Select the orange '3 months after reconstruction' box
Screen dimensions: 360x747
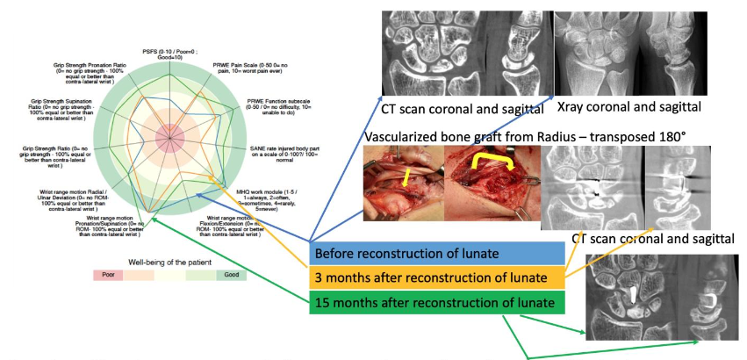(x=434, y=278)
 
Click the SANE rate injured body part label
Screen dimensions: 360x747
(x=275, y=155)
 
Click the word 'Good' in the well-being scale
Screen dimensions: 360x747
(x=232, y=275)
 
